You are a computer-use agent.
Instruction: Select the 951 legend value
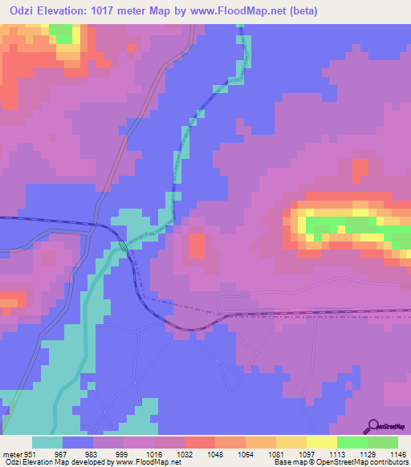click(x=30, y=453)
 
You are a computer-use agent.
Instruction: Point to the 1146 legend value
click(x=398, y=453)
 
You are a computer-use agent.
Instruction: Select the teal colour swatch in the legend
click(x=47, y=441)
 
